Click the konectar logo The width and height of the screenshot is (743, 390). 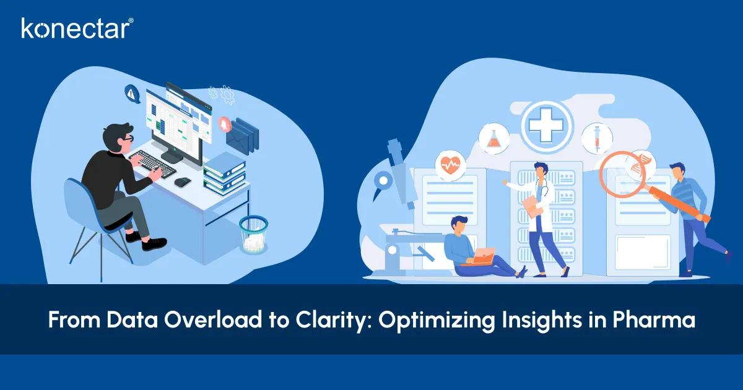click(77, 28)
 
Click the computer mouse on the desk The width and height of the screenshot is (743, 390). click(183, 181)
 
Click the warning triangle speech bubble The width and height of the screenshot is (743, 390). click(131, 93)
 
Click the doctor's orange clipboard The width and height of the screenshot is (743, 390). click(531, 204)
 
